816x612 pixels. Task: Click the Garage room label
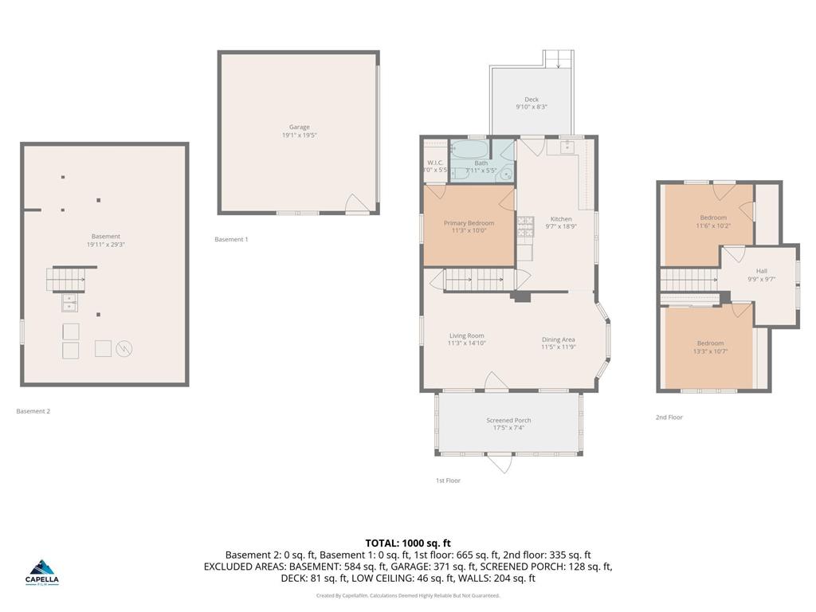pos(299,127)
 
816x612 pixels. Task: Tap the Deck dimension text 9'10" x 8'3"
pos(532,107)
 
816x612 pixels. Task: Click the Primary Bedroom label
pos(469,223)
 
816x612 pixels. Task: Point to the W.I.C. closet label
pos(435,163)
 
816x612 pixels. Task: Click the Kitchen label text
pos(561,219)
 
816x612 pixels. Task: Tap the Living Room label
pos(466,335)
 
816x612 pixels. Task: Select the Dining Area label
pos(558,339)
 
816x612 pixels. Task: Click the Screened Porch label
pos(508,420)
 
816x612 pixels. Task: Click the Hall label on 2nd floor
pos(762,271)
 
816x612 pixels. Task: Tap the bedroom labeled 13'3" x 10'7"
pos(710,347)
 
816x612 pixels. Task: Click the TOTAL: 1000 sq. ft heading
pos(408,542)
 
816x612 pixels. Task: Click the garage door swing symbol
pos(356,205)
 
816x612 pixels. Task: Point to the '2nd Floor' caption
pos(669,417)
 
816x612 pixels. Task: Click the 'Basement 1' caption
pos(231,239)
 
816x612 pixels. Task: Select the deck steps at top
pos(559,59)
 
